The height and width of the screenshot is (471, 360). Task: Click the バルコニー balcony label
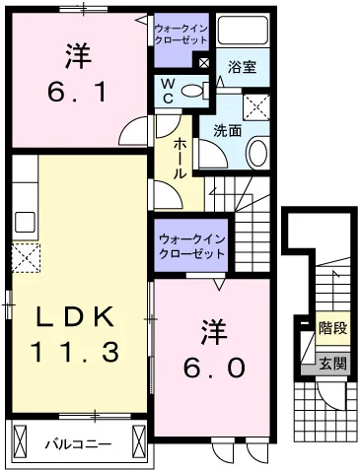[x=78, y=443]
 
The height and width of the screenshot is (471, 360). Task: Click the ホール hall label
[x=181, y=158]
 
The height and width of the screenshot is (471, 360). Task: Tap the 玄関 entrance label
[x=331, y=363]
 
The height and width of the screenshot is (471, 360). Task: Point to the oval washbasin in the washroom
[x=257, y=152]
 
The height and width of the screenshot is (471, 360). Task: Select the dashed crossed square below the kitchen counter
[x=25, y=259]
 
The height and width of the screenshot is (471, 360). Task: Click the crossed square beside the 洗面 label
[x=258, y=105]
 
